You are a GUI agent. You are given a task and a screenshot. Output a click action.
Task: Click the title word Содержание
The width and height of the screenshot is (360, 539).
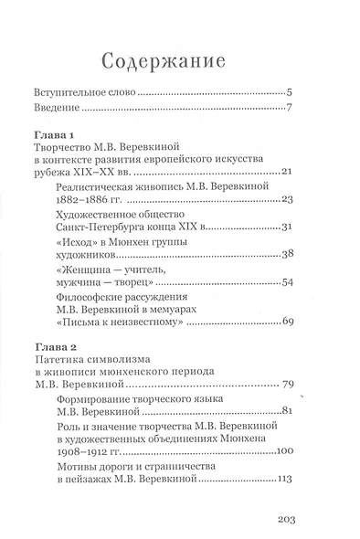(181, 62)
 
